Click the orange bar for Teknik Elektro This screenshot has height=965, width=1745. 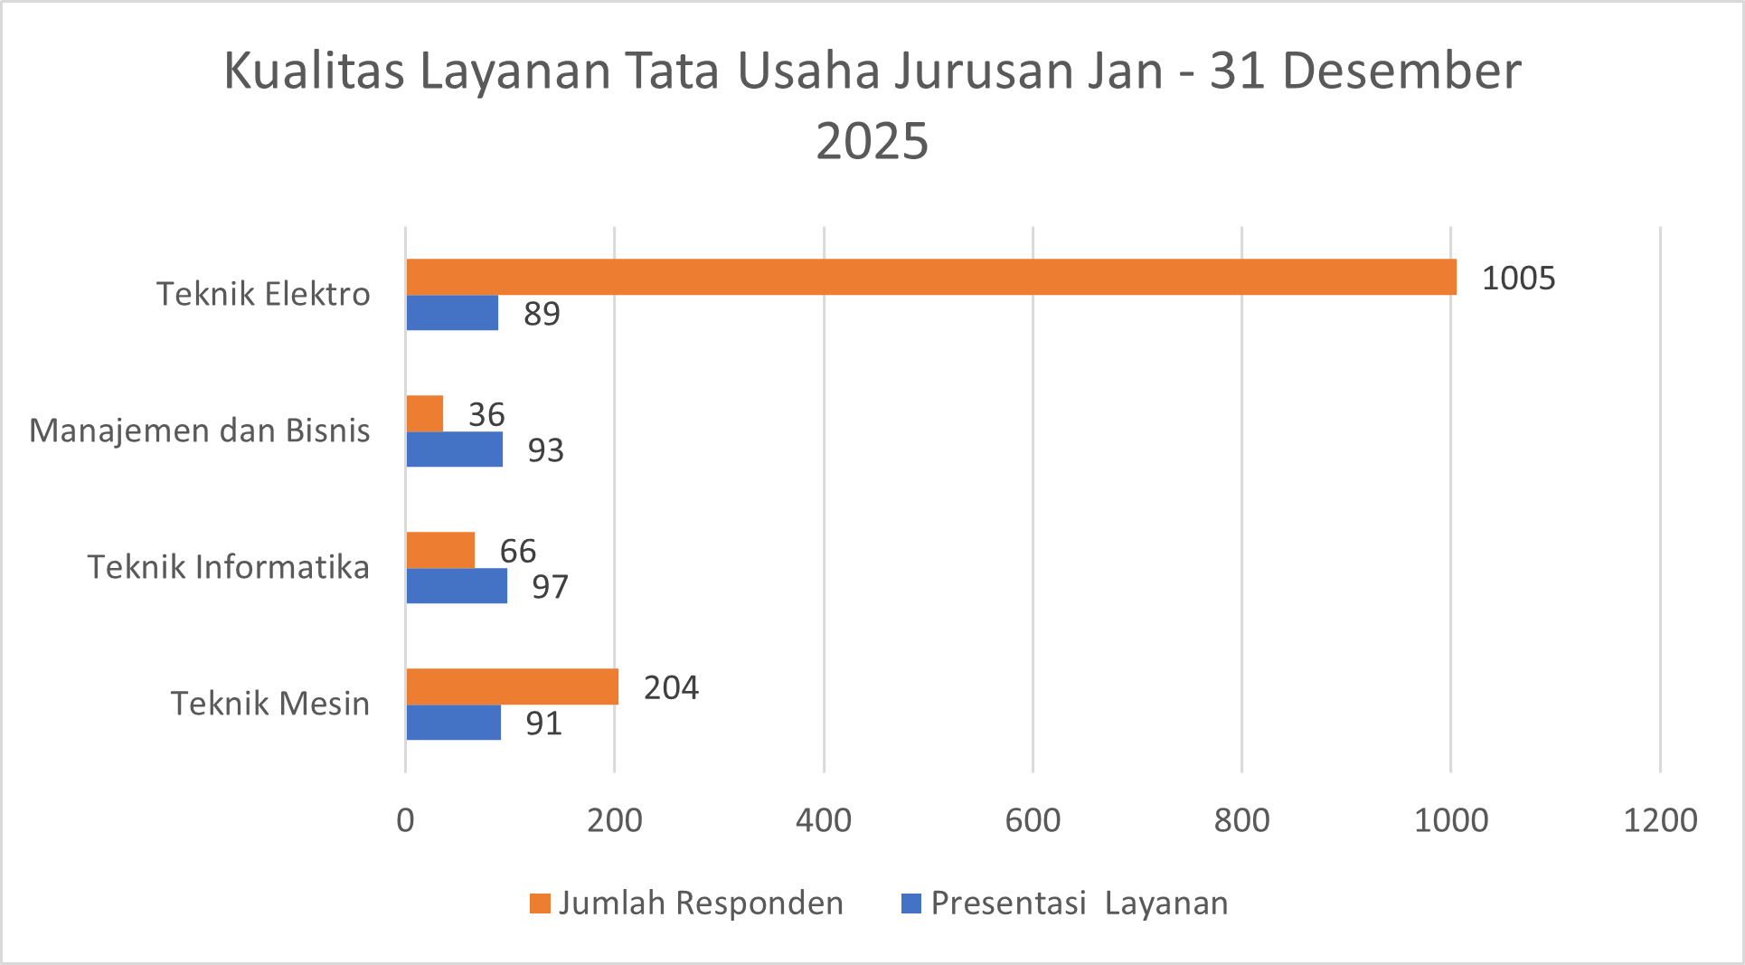coord(931,277)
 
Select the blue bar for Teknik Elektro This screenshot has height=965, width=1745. coord(452,313)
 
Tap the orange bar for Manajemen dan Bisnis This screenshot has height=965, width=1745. coord(425,413)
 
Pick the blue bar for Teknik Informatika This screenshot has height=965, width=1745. coord(457,586)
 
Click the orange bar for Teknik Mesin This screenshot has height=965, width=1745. coord(513,686)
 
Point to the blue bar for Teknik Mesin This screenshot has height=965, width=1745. coord(453,723)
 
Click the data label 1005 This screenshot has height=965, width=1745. coord(1518,278)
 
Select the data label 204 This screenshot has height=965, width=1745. coord(671,687)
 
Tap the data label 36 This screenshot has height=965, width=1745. coord(486,414)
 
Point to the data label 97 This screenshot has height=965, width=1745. coord(550,587)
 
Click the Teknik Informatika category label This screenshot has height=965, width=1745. coord(228,567)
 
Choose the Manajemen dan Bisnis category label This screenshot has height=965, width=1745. coord(199,430)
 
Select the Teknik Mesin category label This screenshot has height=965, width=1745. coord(269,704)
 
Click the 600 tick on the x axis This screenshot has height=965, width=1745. coord(1033,820)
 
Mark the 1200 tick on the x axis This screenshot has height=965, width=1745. coord(1660,820)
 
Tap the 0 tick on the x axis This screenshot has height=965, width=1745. coord(405,820)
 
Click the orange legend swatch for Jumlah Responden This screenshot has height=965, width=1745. coord(540,904)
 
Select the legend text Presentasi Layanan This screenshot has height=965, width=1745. coord(1080,904)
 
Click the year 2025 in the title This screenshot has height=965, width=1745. coord(872,141)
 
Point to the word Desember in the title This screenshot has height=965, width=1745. coord(1401,71)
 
